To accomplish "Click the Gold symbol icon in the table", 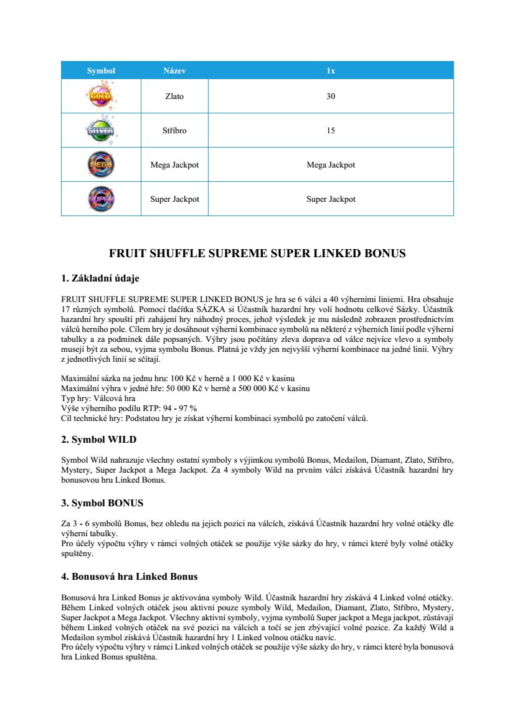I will click(101, 96).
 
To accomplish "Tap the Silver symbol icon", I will click(101, 131).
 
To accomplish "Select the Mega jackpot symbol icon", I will click(101, 165).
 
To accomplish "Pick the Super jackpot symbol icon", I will click(101, 199).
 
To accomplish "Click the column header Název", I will click(174, 71).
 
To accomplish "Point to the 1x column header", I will click(331, 71).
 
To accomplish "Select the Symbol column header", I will click(101, 71).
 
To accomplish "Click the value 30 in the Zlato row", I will click(331, 97).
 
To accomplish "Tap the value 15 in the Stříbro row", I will click(331, 131).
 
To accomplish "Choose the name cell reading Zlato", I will click(174, 97).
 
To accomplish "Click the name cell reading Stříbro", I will click(174, 131).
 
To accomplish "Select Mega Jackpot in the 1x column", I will click(331, 165).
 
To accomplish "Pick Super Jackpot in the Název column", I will click(174, 199).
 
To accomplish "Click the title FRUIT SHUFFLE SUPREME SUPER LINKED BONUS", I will click(257, 253).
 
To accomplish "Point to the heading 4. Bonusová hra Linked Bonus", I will click(130, 576).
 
